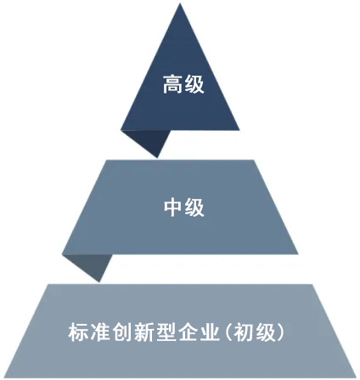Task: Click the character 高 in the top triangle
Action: (172, 84)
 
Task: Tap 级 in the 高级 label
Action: (194, 84)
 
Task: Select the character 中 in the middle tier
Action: (172, 207)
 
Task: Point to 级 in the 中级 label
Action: (194, 207)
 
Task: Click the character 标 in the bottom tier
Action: (78, 332)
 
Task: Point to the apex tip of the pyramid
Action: (180, 3)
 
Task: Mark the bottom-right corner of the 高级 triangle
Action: (239, 130)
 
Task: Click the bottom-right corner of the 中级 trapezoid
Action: (298, 254)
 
